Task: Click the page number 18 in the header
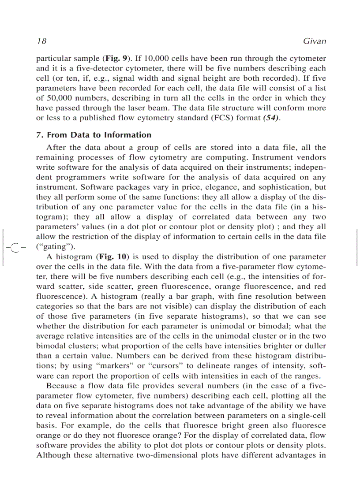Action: tap(41, 41)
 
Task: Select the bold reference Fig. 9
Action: tap(116, 58)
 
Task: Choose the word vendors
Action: tap(311, 157)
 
